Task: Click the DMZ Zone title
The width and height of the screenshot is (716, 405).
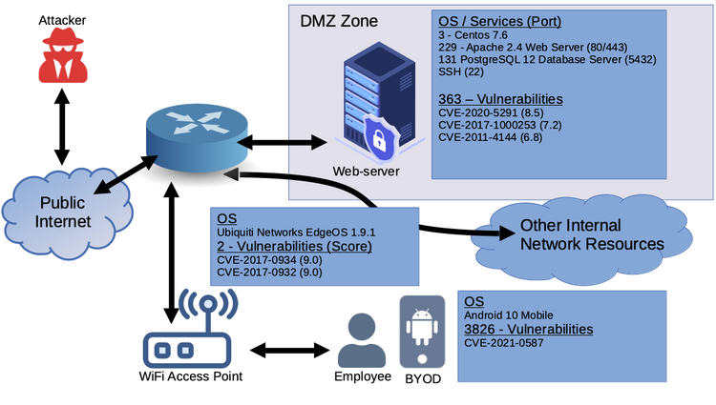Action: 338,20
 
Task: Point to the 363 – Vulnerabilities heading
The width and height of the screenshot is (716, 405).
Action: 500,98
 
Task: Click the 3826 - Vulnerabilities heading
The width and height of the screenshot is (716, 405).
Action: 528,330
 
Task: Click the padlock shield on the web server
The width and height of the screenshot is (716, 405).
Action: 380,141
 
